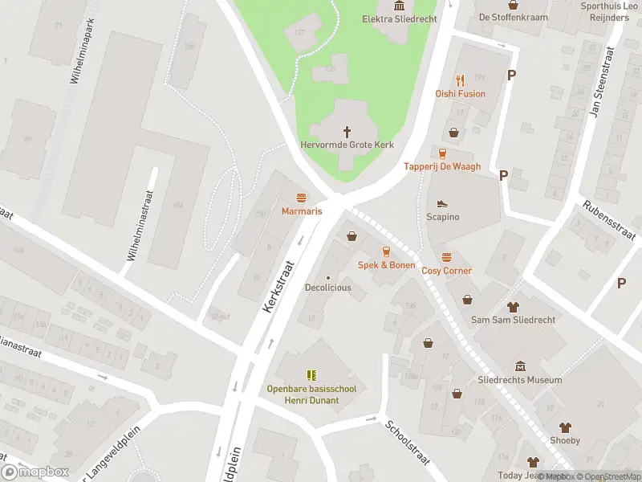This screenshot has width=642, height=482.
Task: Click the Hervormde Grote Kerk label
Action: pyautogui.click(x=347, y=145)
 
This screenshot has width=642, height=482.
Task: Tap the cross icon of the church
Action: pyautogui.click(x=347, y=131)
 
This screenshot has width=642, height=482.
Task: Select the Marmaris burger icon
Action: pyautogui.click(x=302, y=198)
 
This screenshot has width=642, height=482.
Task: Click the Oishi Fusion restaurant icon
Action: pyautogui.click(x=460, y=80)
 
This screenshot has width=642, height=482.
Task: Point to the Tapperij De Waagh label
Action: pyautogui.click(x=441, y=167)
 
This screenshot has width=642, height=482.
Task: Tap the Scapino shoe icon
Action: pyautogui.click(x=442, y=204)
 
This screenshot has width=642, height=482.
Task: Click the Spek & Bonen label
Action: pyautogui.click(x=386, y=265)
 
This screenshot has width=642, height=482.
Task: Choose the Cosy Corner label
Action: pyautogui.click(x=446, y=271)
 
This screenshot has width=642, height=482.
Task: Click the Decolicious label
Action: pyautogui.click(x=327, y=288)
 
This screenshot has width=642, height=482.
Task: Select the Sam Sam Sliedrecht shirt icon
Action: pyautogui.click(x=514, y=307)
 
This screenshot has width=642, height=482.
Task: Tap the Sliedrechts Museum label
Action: pyautogui.click(x=519, y=380)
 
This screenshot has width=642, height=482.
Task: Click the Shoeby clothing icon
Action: pyautogui.click(x=565, y=427)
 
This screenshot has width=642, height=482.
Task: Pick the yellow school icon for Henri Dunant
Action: pyautogui.click(x=311, y=375)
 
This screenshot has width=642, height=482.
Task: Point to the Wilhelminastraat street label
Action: pyautogui.click(x=139, y=222)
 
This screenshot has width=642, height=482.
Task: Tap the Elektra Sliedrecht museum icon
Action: pyautogui.click(x=399, y=6)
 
